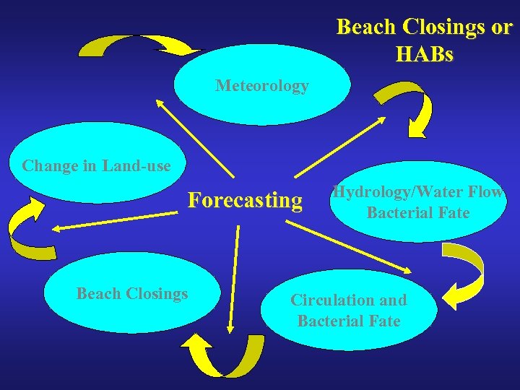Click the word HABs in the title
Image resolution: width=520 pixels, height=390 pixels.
click(425, 53)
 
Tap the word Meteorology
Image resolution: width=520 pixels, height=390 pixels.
click(261, 86)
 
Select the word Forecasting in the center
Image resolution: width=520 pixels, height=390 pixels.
click(246, 199)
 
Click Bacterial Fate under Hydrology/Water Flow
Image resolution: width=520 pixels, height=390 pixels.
click(417, 213)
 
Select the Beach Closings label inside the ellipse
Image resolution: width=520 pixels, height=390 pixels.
click(132, 293)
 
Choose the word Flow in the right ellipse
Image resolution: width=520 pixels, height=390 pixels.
click(489, 193)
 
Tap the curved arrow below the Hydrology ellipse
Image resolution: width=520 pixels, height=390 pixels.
click(467, 272)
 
